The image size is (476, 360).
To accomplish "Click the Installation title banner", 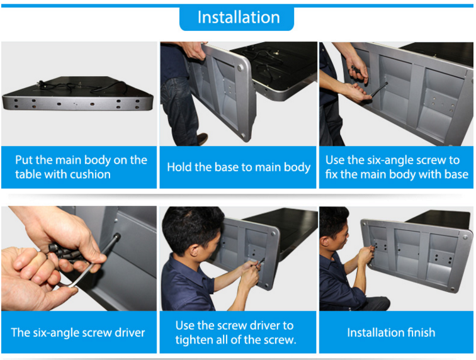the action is click(x=237, y=18).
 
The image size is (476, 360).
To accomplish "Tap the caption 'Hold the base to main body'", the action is click(x=239, y=167).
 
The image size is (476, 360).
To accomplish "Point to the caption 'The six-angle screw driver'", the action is click(x=78, y=333).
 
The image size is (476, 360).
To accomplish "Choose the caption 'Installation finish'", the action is click(x=391, y=333).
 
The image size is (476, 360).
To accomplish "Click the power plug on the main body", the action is click(x=40, y=83).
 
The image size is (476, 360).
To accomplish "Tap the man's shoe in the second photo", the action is click(x=202, y=139).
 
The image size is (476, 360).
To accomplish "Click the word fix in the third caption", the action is click(x=331, y=174).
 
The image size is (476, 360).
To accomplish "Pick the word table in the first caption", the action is click(x=27, y=174).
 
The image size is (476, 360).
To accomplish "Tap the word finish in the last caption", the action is click(x=421, y=333).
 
